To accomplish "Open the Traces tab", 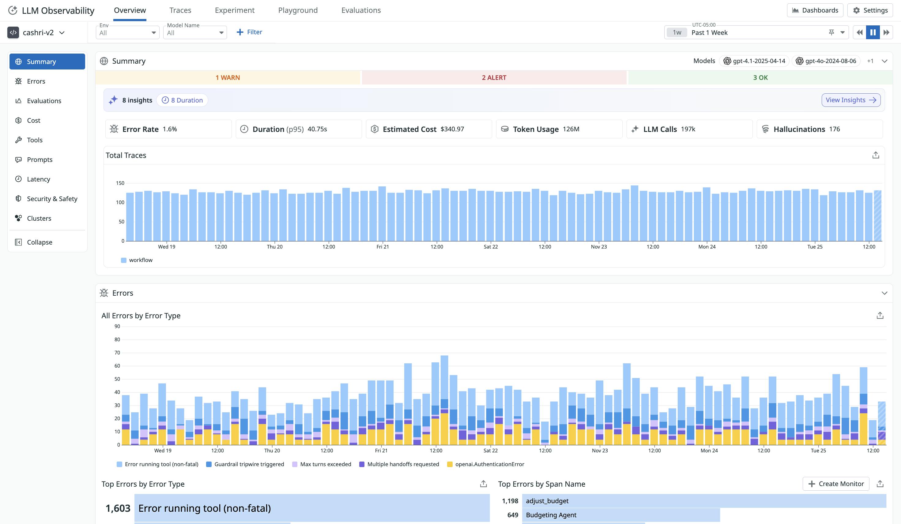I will [180, 10].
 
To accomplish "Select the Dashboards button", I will [815, 10].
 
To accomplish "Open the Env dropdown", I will [127, 32].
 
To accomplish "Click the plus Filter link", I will [249, 32].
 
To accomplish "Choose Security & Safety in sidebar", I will [52, 199].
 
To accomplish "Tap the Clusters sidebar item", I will [39, 219].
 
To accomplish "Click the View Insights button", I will [850, 100].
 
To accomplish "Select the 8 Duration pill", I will [182, 100].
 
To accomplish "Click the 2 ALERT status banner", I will [494, 77].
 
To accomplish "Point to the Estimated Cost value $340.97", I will [452, 129].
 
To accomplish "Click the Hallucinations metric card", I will [819, 129].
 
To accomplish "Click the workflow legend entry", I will [140, 260].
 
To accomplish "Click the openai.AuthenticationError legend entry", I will [489, 464].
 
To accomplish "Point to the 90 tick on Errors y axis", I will [117, 326].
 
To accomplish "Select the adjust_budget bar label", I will [547, 501].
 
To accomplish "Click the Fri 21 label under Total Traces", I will [382, 247].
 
